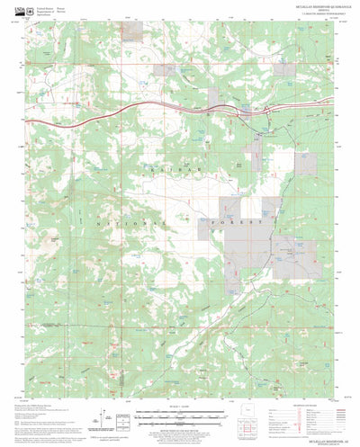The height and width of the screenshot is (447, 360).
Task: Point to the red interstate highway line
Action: pyautogui.click(x=108, y=114)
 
